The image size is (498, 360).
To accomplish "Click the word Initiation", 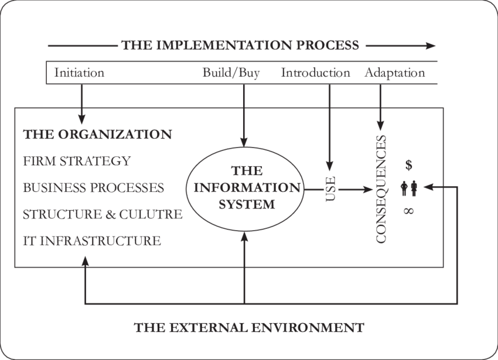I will pos(79,73).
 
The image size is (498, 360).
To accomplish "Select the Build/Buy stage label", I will pos(231,73).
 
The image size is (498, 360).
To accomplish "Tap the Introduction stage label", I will pos(315,73).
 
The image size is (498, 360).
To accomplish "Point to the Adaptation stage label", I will pos(394,73).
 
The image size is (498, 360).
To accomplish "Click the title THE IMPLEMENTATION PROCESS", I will pos(240,45).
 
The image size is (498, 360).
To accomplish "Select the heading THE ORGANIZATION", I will pos(97,134).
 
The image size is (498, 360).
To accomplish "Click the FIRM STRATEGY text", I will pos(77,161).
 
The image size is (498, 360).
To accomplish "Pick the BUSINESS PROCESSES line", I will pos(93,188).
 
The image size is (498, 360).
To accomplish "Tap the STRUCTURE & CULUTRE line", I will pos(103,214).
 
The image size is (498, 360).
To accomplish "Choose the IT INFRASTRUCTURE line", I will pos(91,241).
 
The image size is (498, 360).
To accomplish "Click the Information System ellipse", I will pos(245,188).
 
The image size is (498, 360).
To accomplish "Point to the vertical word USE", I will pos(330,188).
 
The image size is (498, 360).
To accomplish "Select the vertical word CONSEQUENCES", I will pos(381,189).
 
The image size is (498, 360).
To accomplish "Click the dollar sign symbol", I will pos(408,164).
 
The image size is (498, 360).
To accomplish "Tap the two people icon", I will pos(409,188).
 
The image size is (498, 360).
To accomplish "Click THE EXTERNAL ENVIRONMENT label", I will pos(249,327).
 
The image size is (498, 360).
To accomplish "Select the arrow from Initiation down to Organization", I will pos(81,102).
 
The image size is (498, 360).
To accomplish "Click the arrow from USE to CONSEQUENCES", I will pos(355,189).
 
